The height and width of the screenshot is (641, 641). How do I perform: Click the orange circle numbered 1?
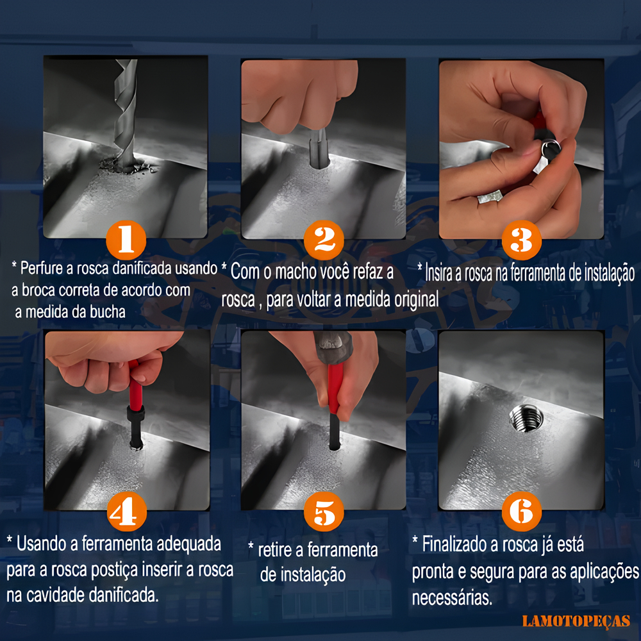tap(126, 240)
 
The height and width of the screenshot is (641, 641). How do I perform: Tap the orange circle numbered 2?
tap(324, 240)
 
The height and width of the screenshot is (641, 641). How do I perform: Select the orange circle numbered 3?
tap(522, 240)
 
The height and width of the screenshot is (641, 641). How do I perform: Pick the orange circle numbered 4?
tap(127, 512)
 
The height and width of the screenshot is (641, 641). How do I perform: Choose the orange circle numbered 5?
tap(324, 512)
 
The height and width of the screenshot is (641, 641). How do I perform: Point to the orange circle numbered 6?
tap(522, 512)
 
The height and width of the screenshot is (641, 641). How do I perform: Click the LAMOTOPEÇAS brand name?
tap(576, 621)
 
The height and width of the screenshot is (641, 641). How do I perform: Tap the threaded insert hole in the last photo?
tap(526, 417)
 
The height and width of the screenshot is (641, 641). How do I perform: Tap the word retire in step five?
tap(275, 550)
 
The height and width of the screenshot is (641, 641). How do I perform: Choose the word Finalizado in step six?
tap(454, 544)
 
